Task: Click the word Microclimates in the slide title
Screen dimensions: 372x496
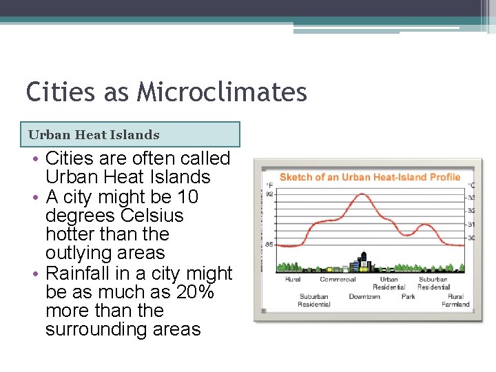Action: click(x=222, y=92)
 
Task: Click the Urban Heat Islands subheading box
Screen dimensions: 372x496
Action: click(x=134, y=135)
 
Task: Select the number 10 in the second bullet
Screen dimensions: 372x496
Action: click(x=187, y=197)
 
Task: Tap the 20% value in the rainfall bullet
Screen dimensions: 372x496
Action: click(x=195, y=292)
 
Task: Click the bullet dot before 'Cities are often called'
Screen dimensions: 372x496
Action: click(x=34, y=159)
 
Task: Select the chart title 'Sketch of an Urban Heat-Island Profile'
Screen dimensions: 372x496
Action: click(x=369, y=177)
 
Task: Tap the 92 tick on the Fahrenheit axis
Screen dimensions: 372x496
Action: click(x=270, y=194)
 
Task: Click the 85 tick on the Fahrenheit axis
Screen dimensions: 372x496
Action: click(x=270, y=244)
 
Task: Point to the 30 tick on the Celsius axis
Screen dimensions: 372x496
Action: click(x=471, y=238)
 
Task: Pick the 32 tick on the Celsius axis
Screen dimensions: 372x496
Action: click(x=471, y=211)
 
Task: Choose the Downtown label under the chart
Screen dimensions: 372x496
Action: click(x=364, y=297)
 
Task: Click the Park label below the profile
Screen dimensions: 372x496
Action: click(x=409, y=297)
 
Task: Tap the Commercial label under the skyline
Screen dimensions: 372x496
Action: click(x=338, y=280)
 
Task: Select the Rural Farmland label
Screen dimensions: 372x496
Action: click(x=455, y=300)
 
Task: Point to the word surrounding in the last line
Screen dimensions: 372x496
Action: click(x=91, y=329)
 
